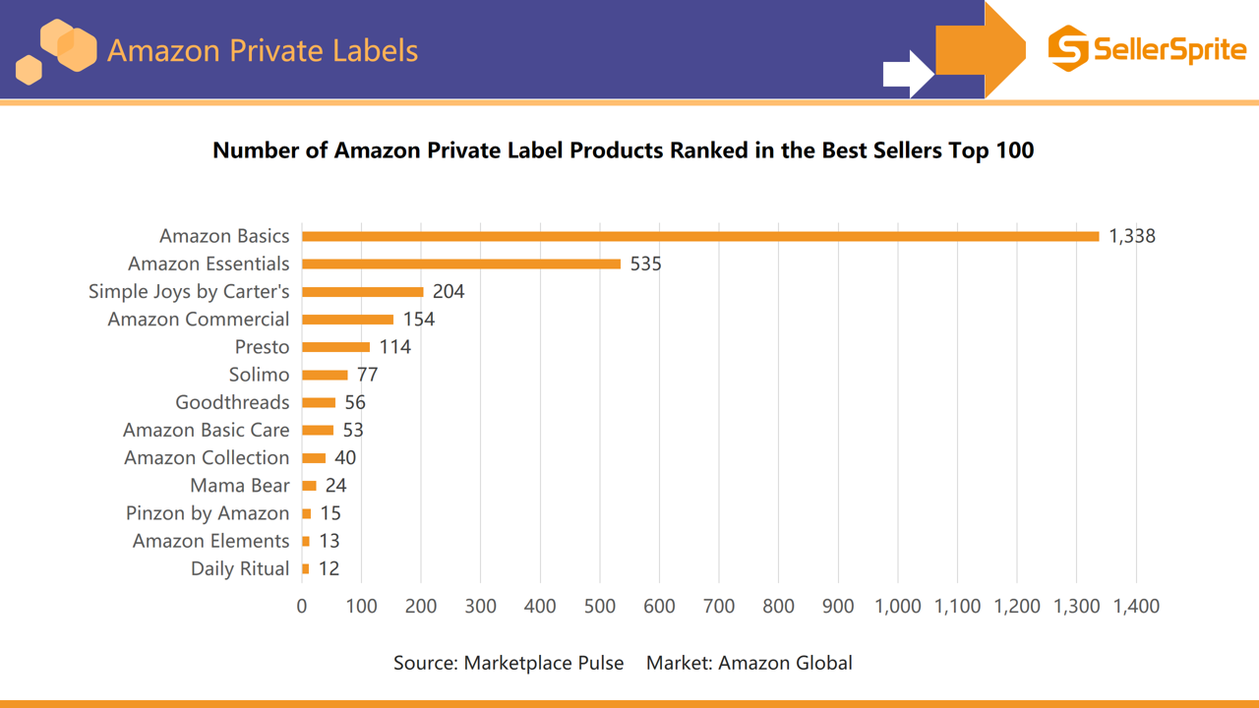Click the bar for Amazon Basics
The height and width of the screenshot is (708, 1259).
click(x=700, y=236)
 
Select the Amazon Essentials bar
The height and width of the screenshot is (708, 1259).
click(x=461, y=264)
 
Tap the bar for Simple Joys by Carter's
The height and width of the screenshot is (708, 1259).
click(x=362, y=292)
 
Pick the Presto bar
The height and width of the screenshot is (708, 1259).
click(x=335, y=347)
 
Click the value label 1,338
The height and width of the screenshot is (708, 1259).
click(x=1132, y=236)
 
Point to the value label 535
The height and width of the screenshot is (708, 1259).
click(x=646, y=264)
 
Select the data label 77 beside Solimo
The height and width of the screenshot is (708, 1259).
click(x=368, y=375)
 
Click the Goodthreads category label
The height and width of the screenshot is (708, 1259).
click(x=232, y=402)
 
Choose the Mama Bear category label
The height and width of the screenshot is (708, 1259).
click(x=240, y=486)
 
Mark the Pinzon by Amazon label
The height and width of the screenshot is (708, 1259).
click(x=208, y=513)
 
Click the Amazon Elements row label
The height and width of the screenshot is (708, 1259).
click(x=210, y=541)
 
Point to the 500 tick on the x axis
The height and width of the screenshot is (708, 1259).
click(x=600, y=606)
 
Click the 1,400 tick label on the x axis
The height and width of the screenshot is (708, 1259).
click(x=1136, y=606)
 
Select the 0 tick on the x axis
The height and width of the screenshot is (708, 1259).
click(x=302, y=606)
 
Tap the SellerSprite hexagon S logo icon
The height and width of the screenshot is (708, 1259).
click(x=1068, y=48)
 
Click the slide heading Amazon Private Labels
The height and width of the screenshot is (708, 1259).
click(x=263, y=50)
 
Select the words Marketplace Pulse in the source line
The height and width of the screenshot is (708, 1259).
click(x=544, y=663)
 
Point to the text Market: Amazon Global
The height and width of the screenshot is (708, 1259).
click(x=749, y=663)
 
